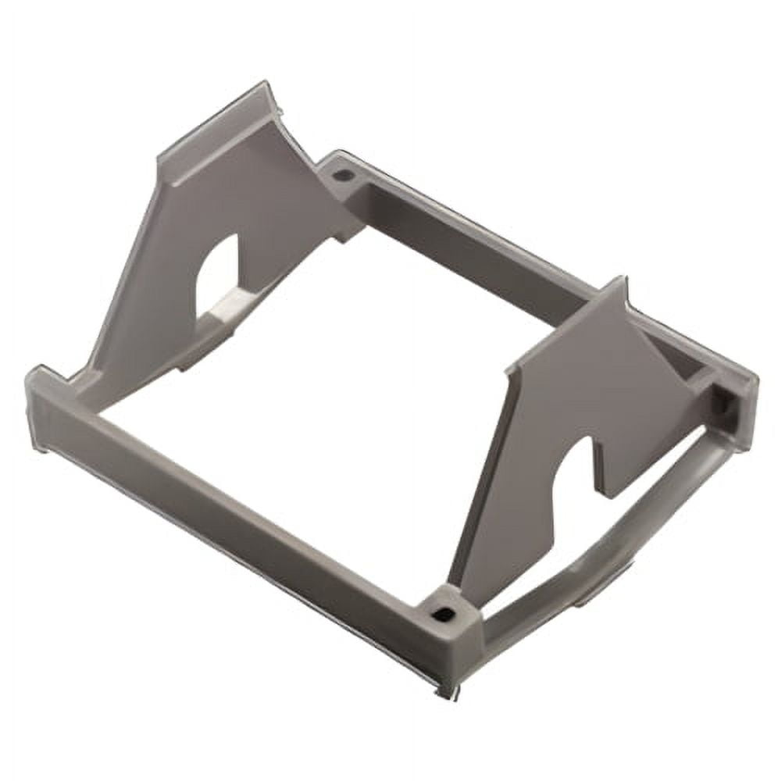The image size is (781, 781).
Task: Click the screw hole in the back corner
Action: coord(341,175)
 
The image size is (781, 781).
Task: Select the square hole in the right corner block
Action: coord(721,405)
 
